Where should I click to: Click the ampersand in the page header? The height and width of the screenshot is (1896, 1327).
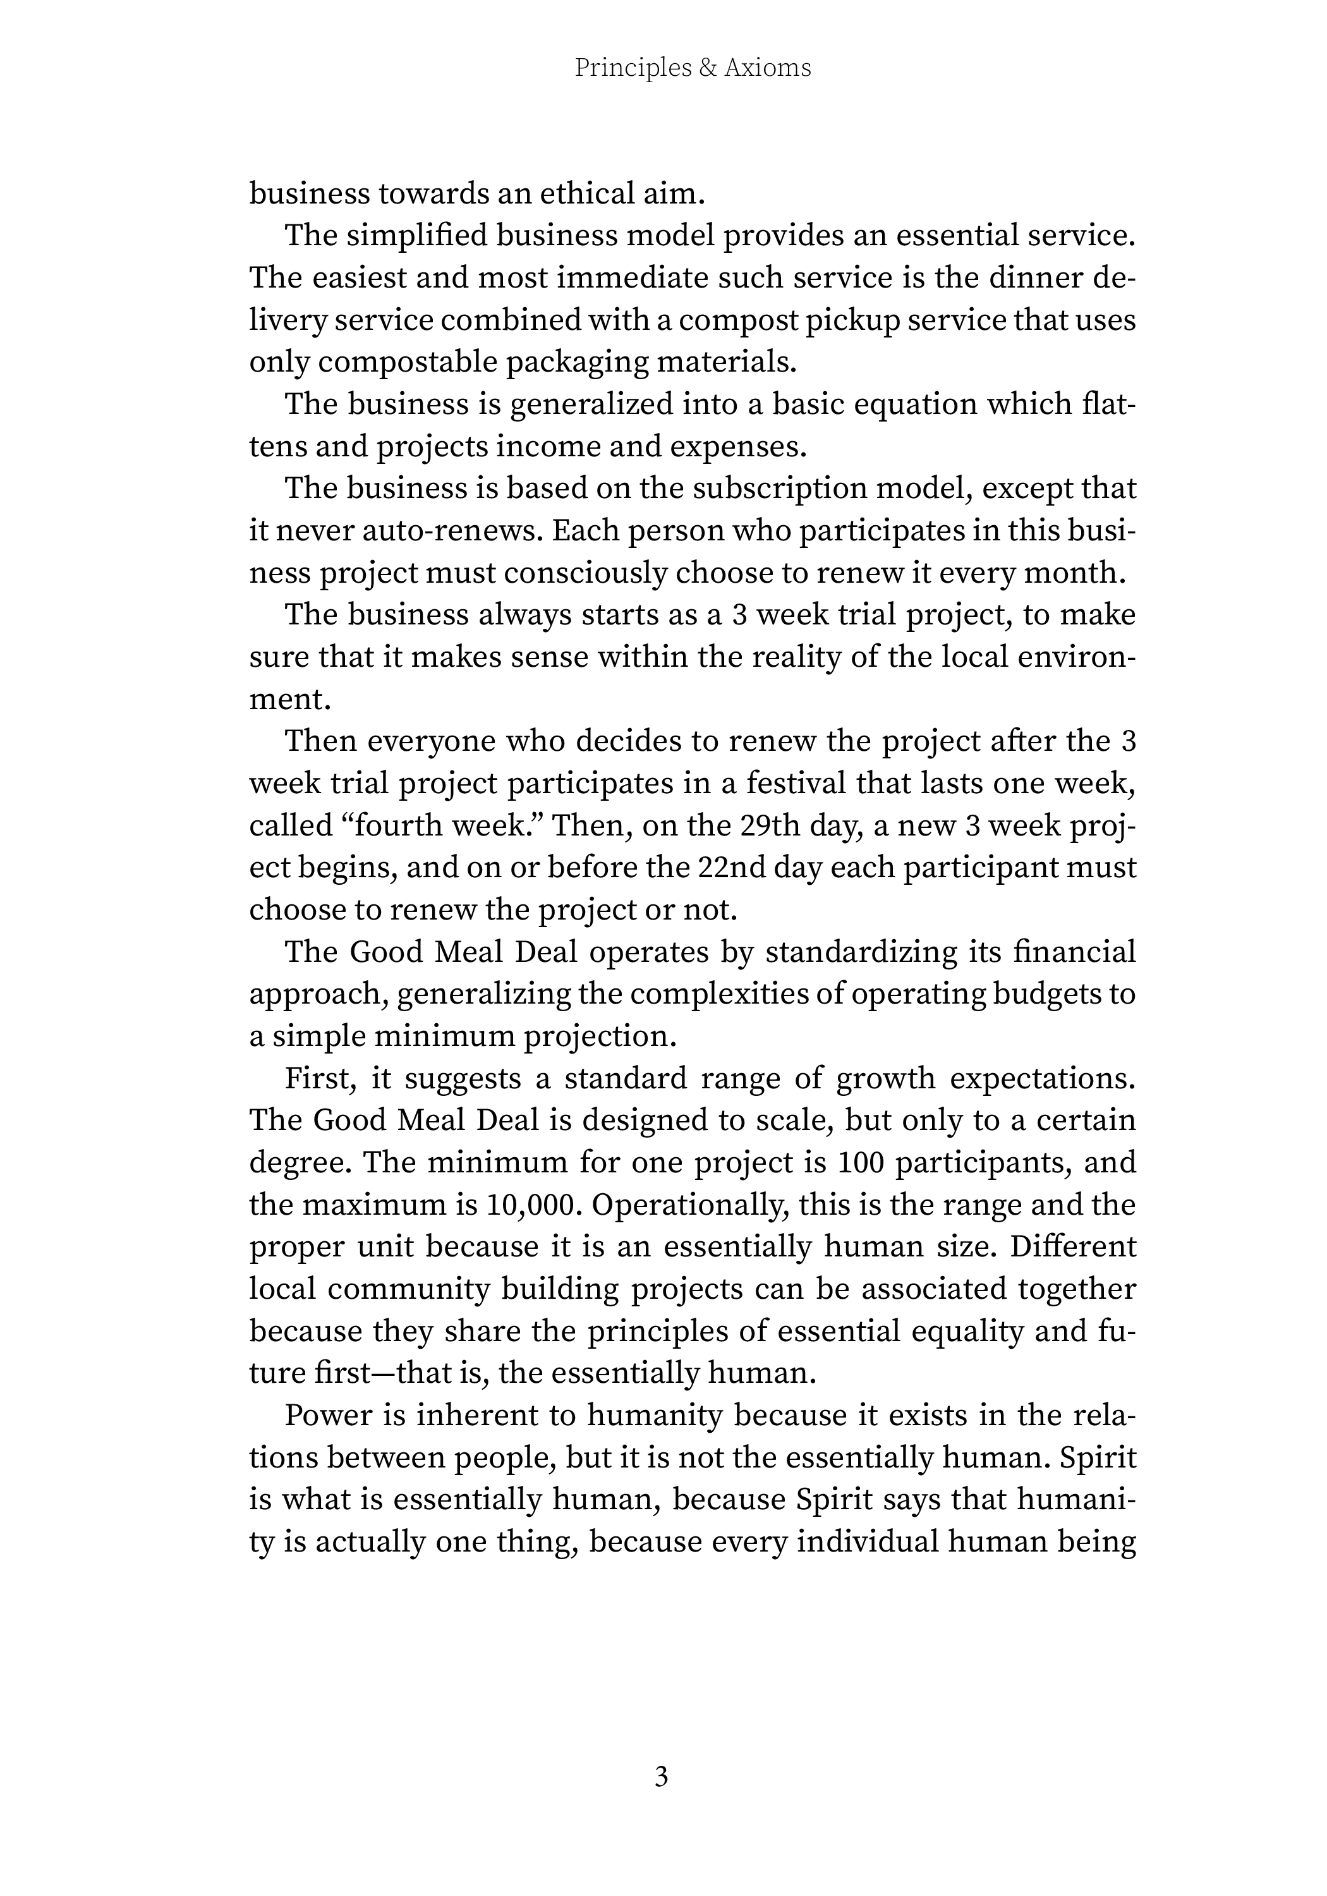pyautogui.click(x=708, y=68)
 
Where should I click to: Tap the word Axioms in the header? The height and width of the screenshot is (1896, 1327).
pyautogui.click(x=767, y=68)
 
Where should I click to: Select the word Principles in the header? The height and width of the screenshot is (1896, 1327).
pyautogui.click(x=633, y=68)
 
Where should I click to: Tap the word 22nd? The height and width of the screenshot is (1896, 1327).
pyautogui.click(x=729, y=867)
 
